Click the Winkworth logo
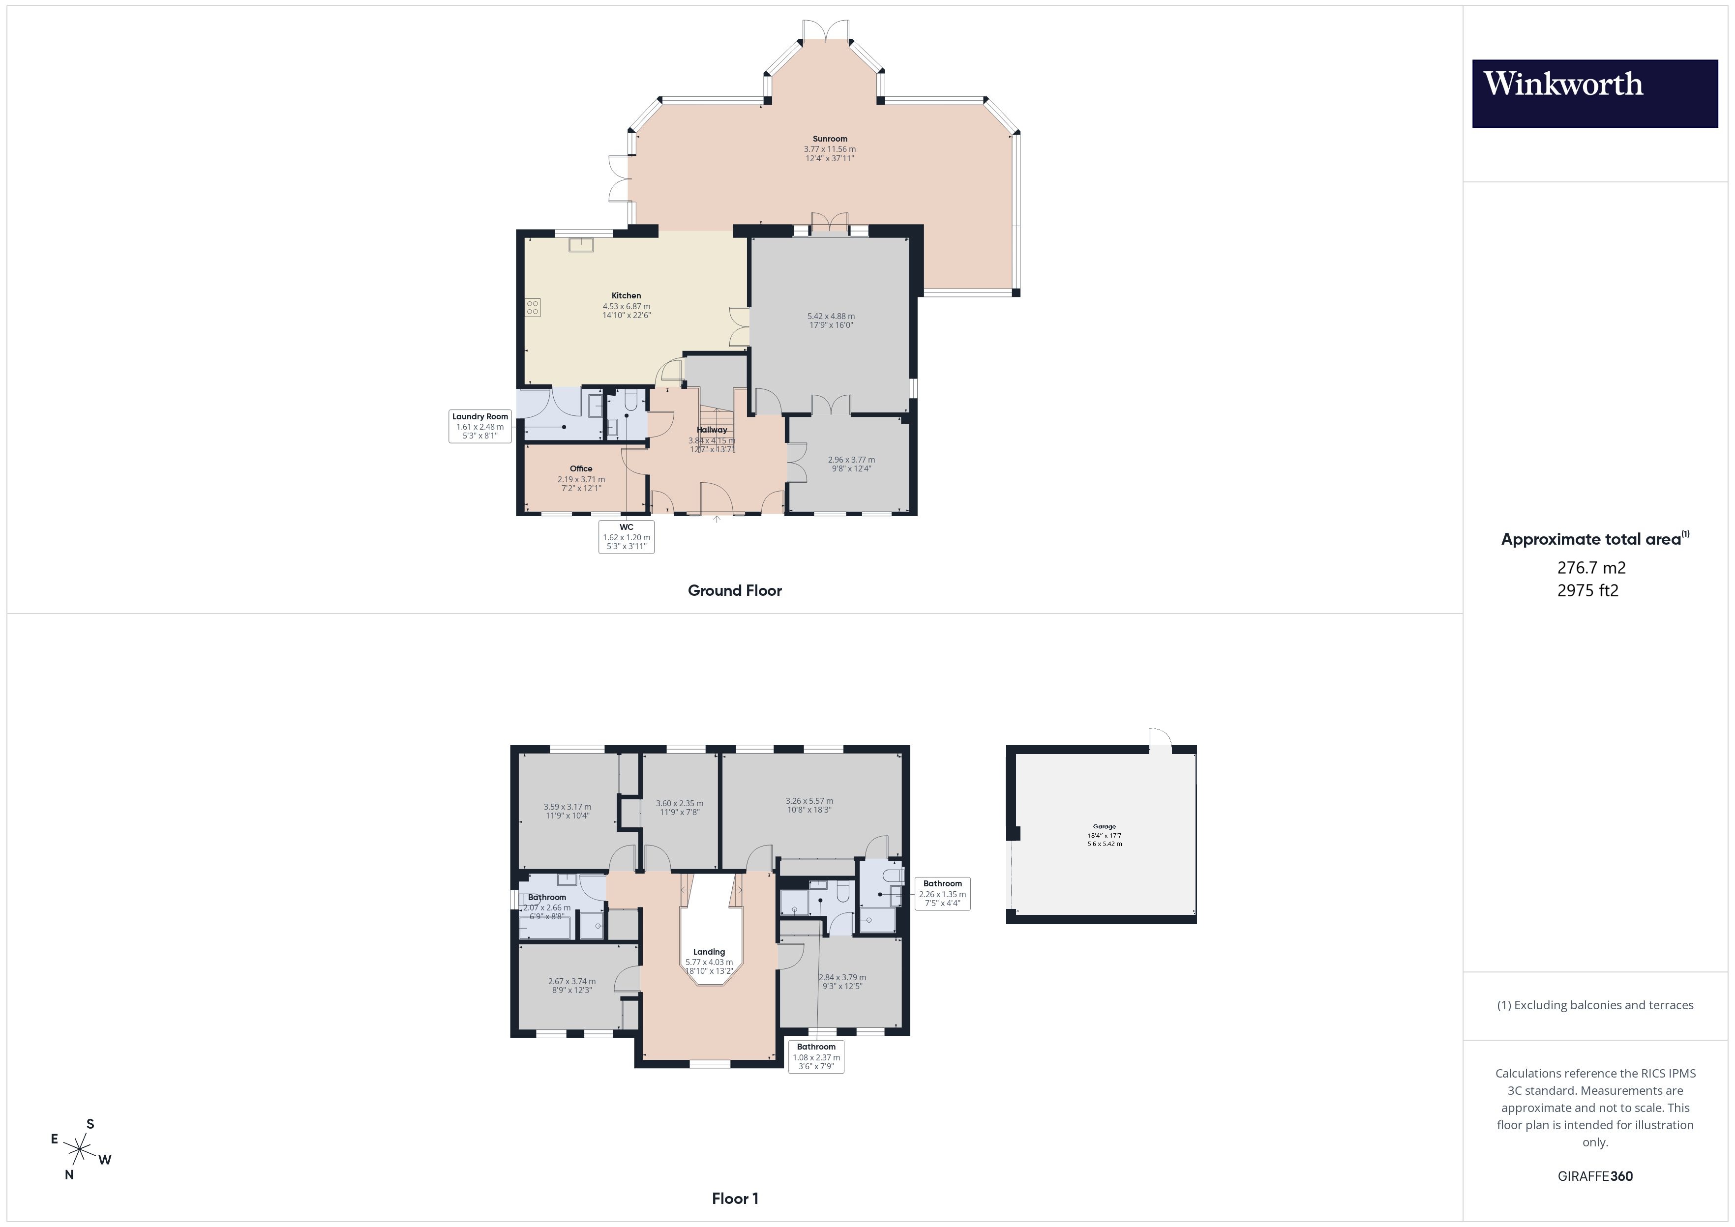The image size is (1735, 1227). click(1594, 93)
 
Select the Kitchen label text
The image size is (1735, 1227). click(626, 295)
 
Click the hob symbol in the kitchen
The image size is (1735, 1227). click(533, 308)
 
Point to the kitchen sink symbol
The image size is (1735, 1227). click(581, 245)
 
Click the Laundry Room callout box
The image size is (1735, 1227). click(480, 426)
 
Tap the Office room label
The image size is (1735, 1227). click(580, 468)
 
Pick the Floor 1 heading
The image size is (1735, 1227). click(735, 1198)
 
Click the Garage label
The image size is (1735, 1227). click(1104, 826)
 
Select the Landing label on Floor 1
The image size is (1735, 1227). click(709, 952)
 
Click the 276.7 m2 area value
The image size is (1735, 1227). click(1591, 567)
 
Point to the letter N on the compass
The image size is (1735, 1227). click(69, 1175)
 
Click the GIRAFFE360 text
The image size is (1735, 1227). click(1594, 1176)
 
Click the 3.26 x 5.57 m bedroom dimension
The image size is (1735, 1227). click(809, 801)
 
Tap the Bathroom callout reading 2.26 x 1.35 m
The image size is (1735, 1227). click(942, 893)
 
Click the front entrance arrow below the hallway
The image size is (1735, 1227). click(717, 519)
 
